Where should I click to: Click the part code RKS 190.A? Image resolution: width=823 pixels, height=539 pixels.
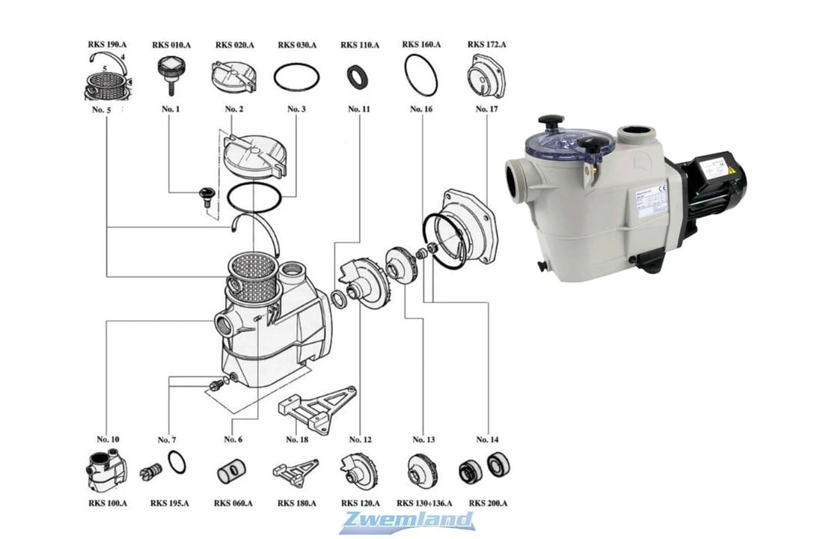click(x=105, y=45)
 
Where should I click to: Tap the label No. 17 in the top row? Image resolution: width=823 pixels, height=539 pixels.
click(x=486, y=109)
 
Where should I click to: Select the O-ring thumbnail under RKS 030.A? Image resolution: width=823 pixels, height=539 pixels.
click(x=296, y=76)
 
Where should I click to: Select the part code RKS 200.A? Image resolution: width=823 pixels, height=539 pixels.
click(x=487, y=503)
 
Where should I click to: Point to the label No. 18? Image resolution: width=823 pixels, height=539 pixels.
click(x=296, y=439)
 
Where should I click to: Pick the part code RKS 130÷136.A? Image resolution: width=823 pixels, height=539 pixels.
click(x=423, y=503)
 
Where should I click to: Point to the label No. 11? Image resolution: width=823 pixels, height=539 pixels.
click(x=359, y=109)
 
